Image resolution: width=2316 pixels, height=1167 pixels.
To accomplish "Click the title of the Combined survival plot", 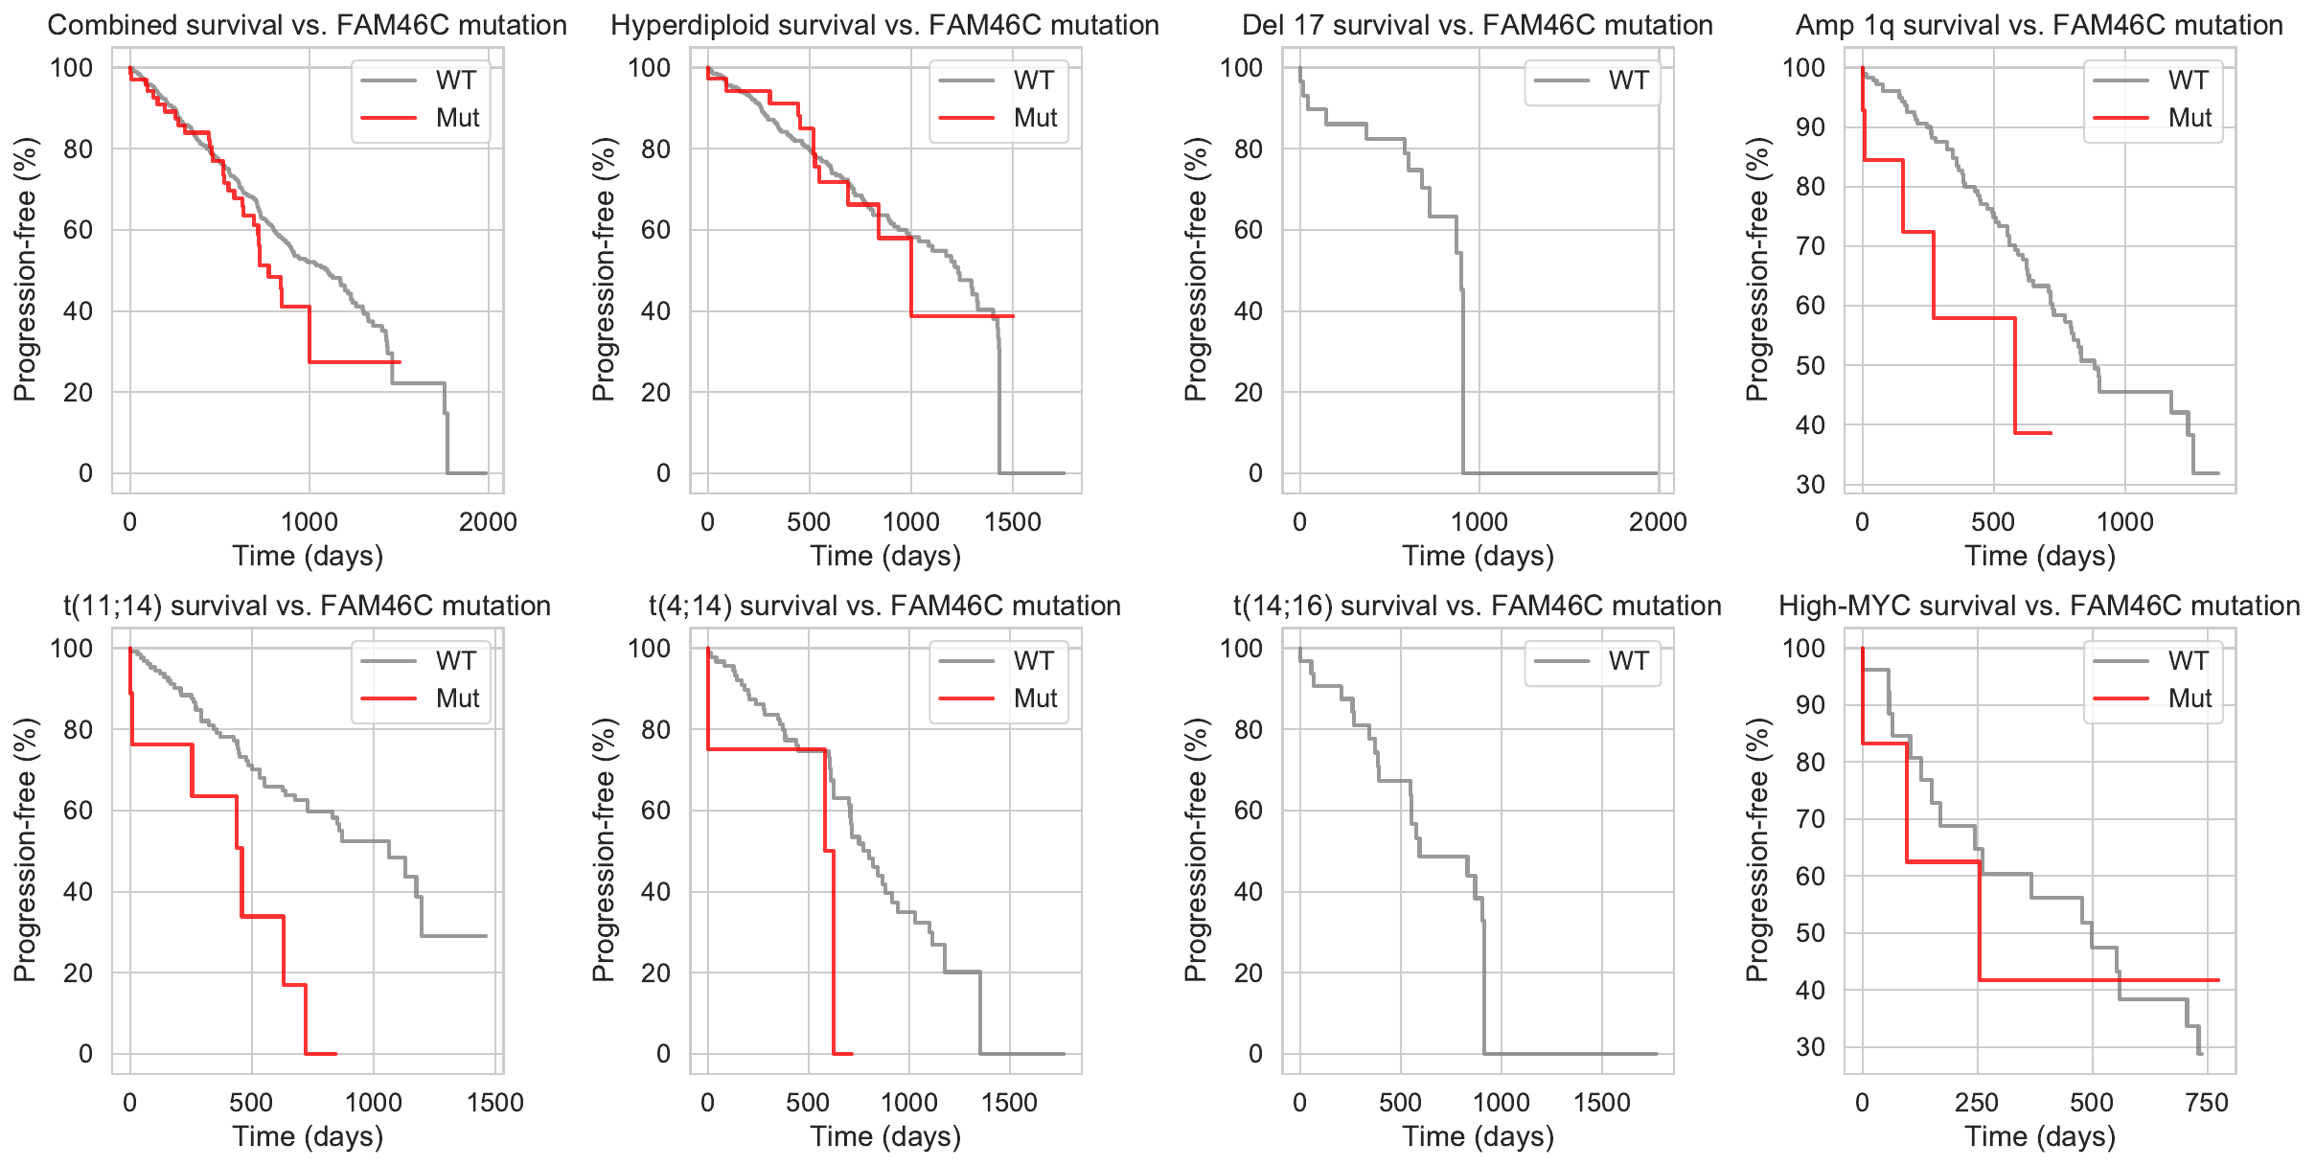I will click(x=307, y=25).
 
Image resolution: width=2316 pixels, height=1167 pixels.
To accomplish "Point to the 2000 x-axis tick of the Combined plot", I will click(x=488, y=522).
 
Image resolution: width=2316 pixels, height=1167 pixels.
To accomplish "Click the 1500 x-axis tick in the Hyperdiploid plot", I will click(x=1013, y=522).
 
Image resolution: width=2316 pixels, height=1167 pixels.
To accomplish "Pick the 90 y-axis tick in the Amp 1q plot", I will click(x=1810, y=127).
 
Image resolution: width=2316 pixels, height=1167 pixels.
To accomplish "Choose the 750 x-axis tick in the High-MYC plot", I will click(x=2207, y=1103).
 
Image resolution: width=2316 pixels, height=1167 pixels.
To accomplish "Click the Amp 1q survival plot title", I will click(x=2039, y=25).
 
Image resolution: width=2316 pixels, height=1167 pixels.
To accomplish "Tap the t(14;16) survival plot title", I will click(x=1477, y=606).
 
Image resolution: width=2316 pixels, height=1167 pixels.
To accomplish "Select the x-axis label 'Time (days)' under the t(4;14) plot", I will click(x=885, y=1136).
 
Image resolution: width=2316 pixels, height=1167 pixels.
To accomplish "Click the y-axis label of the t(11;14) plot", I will click(x=25, y=850).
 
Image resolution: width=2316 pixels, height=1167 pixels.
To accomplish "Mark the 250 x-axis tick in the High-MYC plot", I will click(x=1977, y=1103).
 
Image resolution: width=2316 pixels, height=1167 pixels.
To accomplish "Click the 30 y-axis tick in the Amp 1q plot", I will click(x=1810, y=485).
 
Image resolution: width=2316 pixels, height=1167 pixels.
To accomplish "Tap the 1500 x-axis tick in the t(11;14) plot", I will click(x=495, y=1103).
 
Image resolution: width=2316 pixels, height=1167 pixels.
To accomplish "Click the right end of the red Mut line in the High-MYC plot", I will click(x=2218, y=980).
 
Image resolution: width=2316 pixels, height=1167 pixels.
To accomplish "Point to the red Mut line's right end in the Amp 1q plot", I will click(x=2051, y=433).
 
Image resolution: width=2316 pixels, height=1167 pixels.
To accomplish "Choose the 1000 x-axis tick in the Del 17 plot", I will click(x=1479, y=522).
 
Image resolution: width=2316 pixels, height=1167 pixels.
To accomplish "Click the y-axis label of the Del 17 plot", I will click(x=1196, y=269).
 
